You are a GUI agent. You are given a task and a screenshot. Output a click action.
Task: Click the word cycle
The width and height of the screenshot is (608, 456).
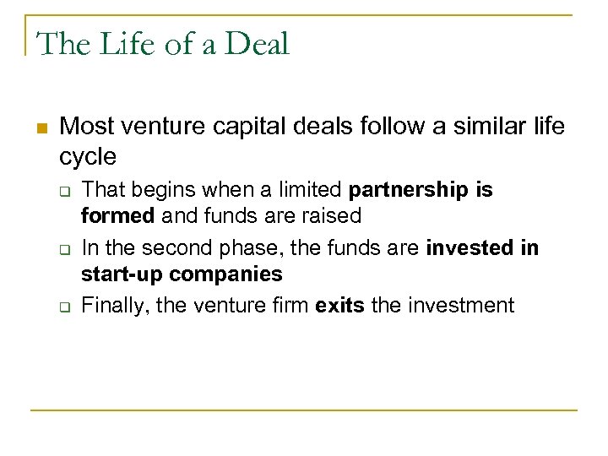point(88,157)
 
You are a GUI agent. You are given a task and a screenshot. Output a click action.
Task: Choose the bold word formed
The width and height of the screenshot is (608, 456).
point(117,215)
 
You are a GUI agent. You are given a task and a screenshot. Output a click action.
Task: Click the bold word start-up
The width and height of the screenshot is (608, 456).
point(122,274)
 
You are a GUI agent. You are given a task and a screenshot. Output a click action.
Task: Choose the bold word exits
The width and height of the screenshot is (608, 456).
point(339,304)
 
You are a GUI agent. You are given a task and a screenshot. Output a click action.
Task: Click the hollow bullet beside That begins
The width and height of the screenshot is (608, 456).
point(63,191)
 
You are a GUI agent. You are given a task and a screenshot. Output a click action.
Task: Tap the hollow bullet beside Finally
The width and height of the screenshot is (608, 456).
point(63,306)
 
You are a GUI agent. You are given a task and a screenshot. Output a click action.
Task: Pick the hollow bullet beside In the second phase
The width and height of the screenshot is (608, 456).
point(63,250)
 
